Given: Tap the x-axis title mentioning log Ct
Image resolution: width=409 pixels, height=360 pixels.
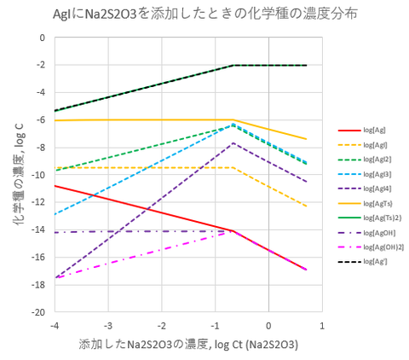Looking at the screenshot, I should (187, 344).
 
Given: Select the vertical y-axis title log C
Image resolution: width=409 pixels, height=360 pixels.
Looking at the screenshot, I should (18, 175).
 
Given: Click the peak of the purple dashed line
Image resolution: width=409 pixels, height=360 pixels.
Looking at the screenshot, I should (233, 143).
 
